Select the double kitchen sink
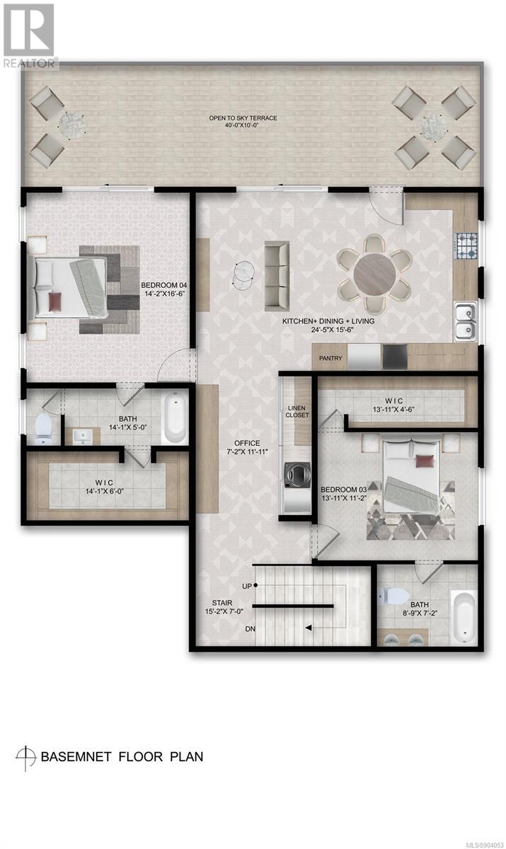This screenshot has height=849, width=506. click(x=465, y=321)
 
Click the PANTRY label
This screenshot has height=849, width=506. click(x=330, y=358)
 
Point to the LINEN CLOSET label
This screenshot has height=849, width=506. click(x=297, y=411)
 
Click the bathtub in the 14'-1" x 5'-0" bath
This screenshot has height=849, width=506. click(x=175, y=417)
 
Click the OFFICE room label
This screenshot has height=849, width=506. click(x=247, y=443)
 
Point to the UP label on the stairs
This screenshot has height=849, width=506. click(x=247, y=586)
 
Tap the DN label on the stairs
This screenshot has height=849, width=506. click(x=250, y=629)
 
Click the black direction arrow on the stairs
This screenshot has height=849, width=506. click(x=309, y=628)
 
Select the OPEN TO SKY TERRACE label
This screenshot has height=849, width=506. click(x=243, y=118)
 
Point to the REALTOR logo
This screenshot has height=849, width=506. click(x=30, y=37)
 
